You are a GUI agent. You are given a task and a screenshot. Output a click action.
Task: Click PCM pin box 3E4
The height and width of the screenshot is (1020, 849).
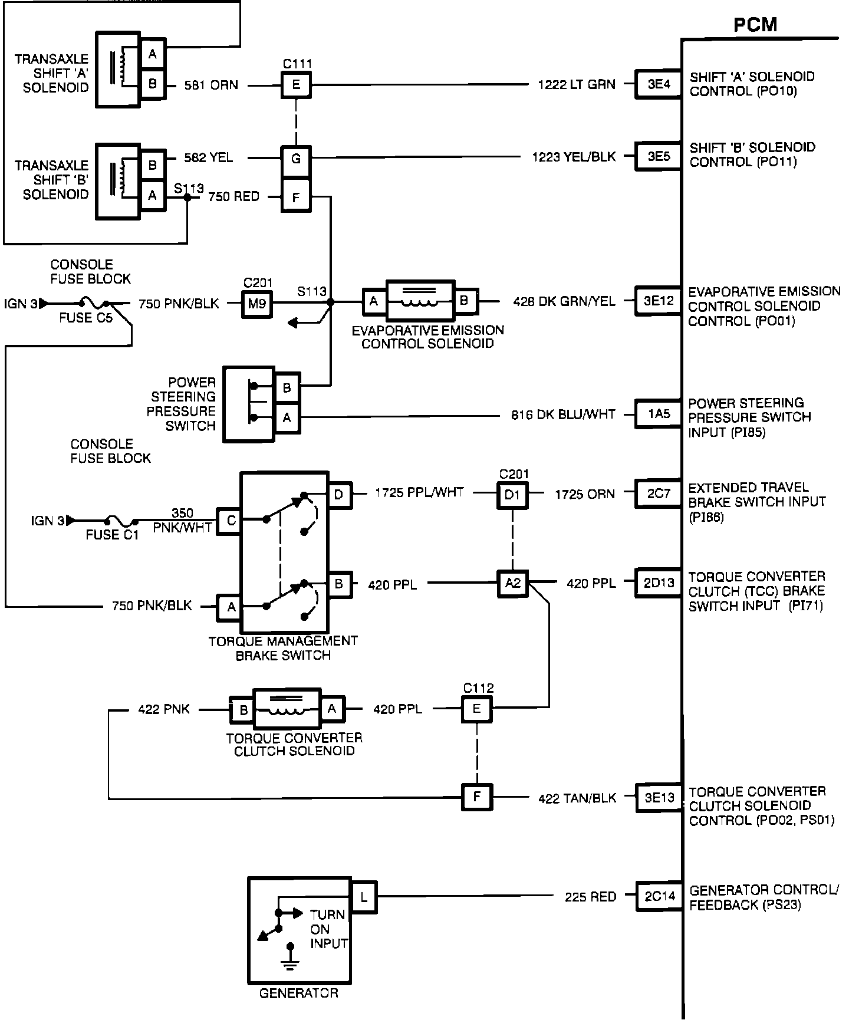tap(658, 84)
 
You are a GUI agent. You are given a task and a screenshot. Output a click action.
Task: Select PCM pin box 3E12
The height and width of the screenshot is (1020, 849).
tap(658, 301)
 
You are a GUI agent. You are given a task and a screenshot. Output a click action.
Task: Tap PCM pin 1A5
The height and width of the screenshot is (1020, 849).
tap(658, 414)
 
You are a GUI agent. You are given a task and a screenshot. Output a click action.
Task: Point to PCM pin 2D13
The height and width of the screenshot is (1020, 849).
tap(658, 583)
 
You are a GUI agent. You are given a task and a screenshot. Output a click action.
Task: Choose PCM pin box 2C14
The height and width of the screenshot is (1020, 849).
tap(658, 897)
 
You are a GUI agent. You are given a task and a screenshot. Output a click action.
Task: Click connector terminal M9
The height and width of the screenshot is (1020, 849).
tap(257, 303)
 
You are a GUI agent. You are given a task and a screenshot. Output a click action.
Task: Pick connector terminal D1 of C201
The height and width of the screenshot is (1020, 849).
tap(512, 494)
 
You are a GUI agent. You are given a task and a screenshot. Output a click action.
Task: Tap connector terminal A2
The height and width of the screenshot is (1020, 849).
tap(512, 583)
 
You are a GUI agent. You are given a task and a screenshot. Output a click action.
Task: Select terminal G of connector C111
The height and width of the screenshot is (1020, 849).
tap(296, 159)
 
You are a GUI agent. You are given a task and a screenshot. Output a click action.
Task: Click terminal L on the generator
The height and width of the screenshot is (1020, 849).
tap(363, 897)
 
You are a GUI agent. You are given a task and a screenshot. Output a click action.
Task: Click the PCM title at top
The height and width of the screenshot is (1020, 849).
tap(755, 25)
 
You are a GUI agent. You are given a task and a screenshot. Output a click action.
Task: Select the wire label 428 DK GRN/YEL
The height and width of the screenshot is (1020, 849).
tap(564, 301)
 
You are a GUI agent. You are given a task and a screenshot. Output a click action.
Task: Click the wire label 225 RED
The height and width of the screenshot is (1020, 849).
tap(590, 897)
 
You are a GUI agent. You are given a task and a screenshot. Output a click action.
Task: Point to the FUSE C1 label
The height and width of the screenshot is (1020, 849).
tap(112, 535)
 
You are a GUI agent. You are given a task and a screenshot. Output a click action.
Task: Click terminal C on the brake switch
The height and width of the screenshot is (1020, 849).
tap(230, 521)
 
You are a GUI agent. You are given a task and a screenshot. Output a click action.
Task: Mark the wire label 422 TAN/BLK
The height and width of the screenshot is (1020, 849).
tap(577, 798)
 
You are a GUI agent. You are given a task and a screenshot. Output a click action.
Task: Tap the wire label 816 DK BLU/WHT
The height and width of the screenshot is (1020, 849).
tap(563, 414)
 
